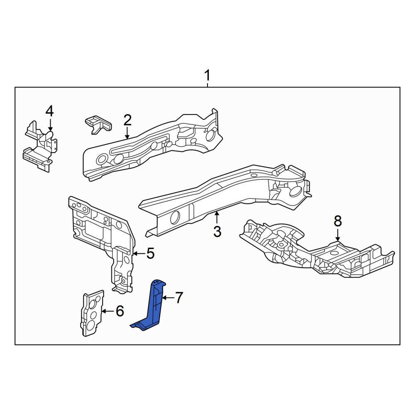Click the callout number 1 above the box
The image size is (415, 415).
[x=207, y=75]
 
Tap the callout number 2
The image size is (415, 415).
[x=127, y=120]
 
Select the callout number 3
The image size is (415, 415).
[x=217, y=232]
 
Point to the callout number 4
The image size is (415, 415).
[x=49, y=111]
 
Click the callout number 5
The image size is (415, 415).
[x=150, y=253]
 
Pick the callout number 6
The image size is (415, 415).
[x=120, y=311]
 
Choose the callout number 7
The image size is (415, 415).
[x=179, y=298]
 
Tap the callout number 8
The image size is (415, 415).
[x=338, y=221]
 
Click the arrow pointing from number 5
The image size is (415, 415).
[x=139, y=254]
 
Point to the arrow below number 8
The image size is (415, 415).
[x=338, y=235]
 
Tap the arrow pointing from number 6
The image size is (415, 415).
[x=108, y=311]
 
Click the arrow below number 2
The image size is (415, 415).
[x=127, y=133]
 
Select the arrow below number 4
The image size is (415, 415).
[x=50, y=124]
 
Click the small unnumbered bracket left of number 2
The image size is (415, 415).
[x=98, y=124]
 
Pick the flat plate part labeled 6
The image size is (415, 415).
[x=92, y=313]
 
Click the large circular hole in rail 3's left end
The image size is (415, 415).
[x=175, y=217]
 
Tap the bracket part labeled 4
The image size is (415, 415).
[x=40, y=146]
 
